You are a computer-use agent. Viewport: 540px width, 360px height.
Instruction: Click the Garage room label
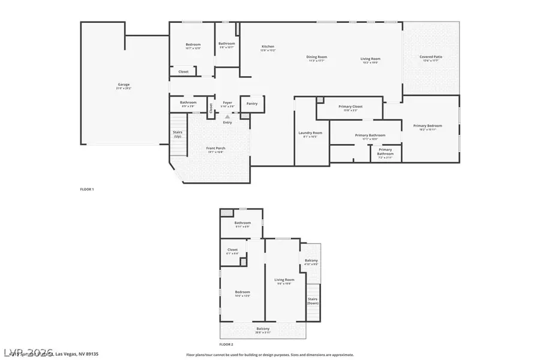point(123,85)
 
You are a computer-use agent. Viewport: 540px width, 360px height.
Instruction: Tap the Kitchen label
point(268,47)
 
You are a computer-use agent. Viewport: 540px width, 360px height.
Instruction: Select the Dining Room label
point(317,58)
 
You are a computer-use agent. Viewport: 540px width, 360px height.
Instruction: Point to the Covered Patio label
point(431,57)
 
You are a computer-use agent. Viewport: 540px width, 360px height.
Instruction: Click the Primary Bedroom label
point(428,125)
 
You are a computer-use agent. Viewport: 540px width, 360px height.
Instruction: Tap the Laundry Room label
point(310,133)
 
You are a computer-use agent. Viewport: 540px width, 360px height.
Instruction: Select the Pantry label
point(252,103)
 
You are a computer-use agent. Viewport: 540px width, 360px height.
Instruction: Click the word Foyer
point(227,103)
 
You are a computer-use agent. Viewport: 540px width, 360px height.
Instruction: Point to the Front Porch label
point(216,148)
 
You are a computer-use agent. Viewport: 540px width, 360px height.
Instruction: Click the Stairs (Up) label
point(178,135)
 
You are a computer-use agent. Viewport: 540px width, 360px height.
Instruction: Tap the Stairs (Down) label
point(313,301)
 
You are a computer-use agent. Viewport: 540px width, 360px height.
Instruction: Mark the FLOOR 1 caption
point(87,189)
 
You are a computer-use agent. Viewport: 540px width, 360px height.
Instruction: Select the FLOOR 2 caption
point(226,344)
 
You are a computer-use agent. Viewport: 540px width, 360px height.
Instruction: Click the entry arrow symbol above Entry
point(227,116)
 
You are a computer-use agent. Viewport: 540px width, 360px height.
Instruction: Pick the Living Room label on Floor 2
point(284,280)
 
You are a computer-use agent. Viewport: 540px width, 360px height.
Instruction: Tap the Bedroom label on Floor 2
point(242,292)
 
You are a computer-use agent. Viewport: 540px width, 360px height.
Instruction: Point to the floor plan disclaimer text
point(270,355)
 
